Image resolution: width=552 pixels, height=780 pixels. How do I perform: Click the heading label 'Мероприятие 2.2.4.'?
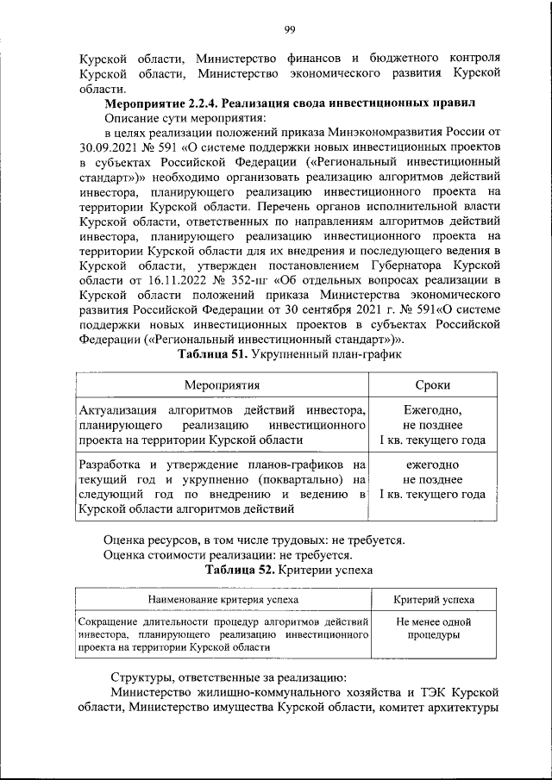(x=160, y=103)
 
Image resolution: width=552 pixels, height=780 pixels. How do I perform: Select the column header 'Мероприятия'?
(x=223, y=384)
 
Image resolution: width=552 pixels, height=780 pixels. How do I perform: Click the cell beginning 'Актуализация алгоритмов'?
(x=223, y=425)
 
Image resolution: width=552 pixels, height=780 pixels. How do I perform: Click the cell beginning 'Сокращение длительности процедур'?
(x=223, y=633)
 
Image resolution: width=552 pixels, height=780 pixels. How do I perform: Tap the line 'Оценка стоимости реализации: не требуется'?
(x=229, y=555)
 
